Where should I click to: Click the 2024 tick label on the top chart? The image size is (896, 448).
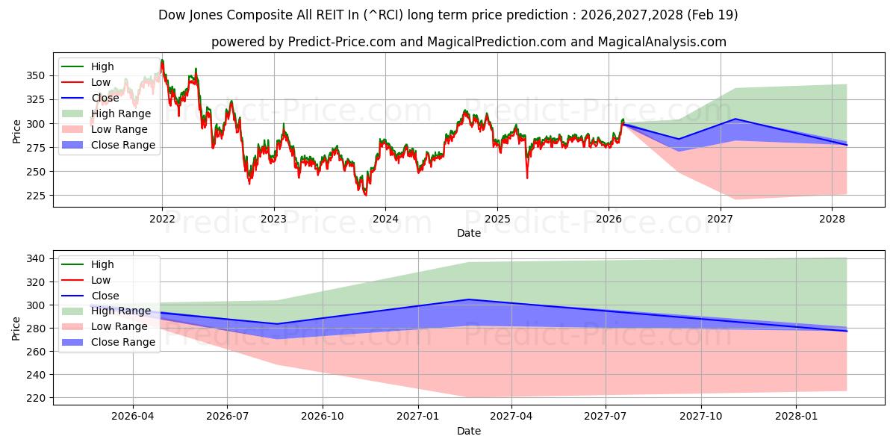385,219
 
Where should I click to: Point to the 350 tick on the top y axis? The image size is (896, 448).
35,75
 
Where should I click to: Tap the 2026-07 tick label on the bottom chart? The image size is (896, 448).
227,417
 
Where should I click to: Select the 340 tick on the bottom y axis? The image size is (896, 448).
35,258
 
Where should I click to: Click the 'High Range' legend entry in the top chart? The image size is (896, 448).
120,113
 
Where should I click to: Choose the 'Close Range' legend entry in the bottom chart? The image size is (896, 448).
122,342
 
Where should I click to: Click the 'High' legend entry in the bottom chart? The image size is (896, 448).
102,264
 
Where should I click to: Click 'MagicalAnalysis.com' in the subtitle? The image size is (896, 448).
663,42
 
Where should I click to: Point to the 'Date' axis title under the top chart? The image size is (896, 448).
469,233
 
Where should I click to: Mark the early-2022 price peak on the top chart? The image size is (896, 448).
162,60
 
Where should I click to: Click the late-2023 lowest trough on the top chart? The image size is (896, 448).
365,195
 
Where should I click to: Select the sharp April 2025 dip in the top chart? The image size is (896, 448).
527,177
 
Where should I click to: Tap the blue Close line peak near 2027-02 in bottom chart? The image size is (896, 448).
468,299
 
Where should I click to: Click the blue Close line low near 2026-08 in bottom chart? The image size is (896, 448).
276,324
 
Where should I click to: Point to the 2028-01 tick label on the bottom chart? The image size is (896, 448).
797,417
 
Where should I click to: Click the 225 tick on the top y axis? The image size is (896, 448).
35,196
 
